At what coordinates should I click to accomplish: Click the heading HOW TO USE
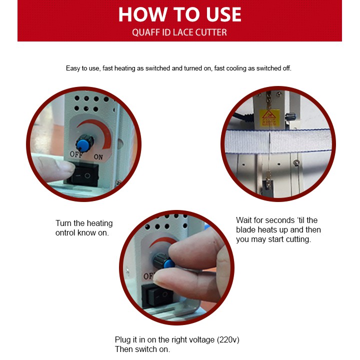pyautogui.click(x=180, y=14)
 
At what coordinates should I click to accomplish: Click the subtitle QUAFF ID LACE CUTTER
pyautogui.click(x=179, y=32)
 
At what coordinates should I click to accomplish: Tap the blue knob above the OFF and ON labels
pyautogui.click(x=84, y=143)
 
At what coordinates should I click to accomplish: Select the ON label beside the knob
pyautogui.click(x=98, y=157)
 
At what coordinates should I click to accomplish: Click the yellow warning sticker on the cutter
pyautogui.click(x=269, y=118)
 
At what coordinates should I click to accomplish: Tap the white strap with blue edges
pyautogui.click(x=278, y=141)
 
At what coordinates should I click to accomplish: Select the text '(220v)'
pyautogui.click(x=228, y=339)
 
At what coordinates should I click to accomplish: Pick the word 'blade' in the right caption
pyautogui.click(x=245, y=229)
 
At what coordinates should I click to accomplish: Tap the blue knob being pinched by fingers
pyautogui.click(x=164, y=261)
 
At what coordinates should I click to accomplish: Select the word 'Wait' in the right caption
pyautogui.click(x=244, y=220)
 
